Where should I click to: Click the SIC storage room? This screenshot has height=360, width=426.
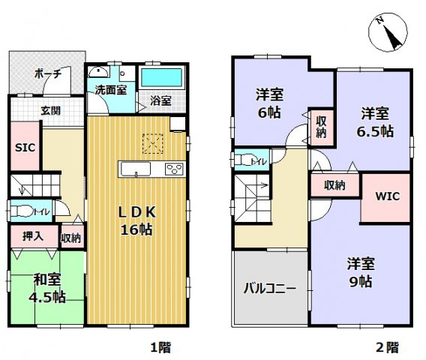pyautogui.click(x=24, y=147)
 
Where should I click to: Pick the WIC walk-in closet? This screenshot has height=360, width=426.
pyautogui.click(x=386, y=197)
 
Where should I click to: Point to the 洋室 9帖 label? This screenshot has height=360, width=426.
pyautogui.click(x=359, y=273)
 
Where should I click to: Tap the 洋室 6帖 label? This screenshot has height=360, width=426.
pyautogui.click(x=268, y=103)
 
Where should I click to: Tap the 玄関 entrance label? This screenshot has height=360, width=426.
pyautogui.click(x=50, y=110)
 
